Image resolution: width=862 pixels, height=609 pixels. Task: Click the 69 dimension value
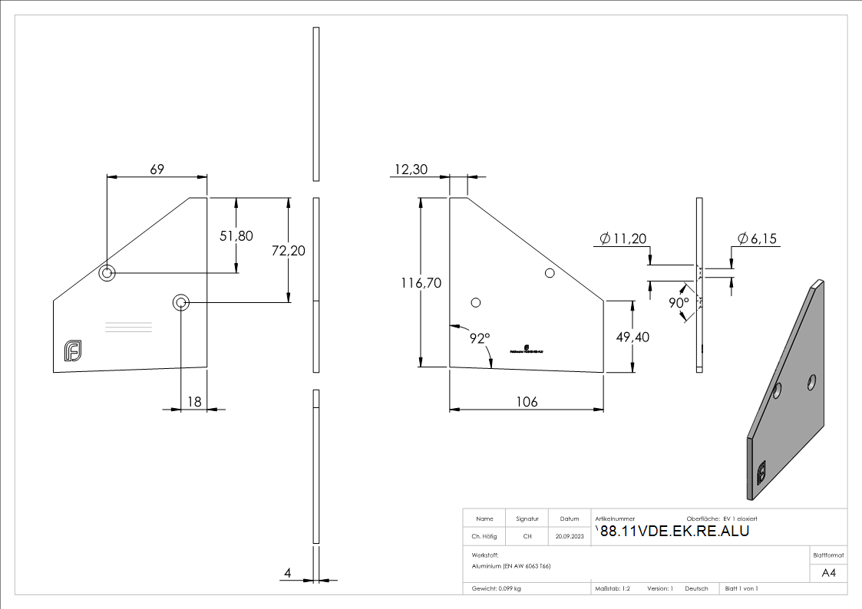point(157,170)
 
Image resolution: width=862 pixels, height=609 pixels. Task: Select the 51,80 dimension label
point(236,236)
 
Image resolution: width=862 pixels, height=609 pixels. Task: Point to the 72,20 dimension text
point(288,251)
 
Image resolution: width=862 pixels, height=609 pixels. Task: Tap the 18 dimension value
point(194,401)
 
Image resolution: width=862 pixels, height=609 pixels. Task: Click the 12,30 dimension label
point(411,170)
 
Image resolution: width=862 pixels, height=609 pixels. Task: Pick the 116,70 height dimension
point(421,283)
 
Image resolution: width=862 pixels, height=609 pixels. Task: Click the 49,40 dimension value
point(632,337)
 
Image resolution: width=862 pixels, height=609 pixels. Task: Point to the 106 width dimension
point(527,402)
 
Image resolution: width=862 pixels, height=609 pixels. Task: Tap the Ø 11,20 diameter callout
point(621,240)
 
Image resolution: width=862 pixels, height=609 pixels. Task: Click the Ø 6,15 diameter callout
point(757,239)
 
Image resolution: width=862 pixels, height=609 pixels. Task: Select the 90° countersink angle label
point(679,303)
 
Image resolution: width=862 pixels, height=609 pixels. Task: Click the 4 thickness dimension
point(288,573)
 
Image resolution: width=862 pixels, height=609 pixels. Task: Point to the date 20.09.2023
point(570,536)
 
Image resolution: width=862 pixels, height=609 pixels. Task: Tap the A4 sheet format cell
point(828,573)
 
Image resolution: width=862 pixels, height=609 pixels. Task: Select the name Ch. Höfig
point(484,536)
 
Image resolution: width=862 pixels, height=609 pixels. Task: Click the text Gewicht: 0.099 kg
point(497,588)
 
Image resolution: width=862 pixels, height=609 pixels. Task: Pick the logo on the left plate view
point(74,351)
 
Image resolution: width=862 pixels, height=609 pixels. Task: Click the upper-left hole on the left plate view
point(107,272)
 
